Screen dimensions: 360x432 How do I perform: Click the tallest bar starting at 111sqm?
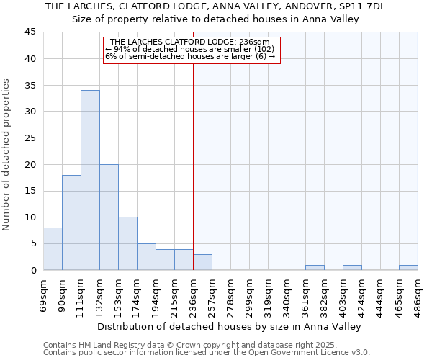[90, 180]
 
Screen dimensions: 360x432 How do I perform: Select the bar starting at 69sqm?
[53, 248]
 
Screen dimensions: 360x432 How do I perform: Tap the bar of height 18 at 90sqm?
[71, 222]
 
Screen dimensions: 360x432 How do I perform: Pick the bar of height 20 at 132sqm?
[109, 217]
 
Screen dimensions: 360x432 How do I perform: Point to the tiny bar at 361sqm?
[315, 268]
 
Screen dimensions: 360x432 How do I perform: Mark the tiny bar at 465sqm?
[408, 268]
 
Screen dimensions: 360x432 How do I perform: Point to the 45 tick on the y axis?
[30, 32]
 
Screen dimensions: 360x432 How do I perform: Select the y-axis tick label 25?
[30, 138]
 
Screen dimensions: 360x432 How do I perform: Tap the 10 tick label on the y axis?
[30, 217]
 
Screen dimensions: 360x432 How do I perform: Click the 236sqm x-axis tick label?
[193, 294]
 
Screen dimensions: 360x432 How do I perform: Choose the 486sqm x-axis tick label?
[418, 294]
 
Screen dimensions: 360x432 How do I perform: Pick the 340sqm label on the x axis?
[287, 294]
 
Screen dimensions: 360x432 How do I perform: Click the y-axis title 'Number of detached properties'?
[8, 155]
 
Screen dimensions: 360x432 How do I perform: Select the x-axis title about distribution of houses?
[229, 326]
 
